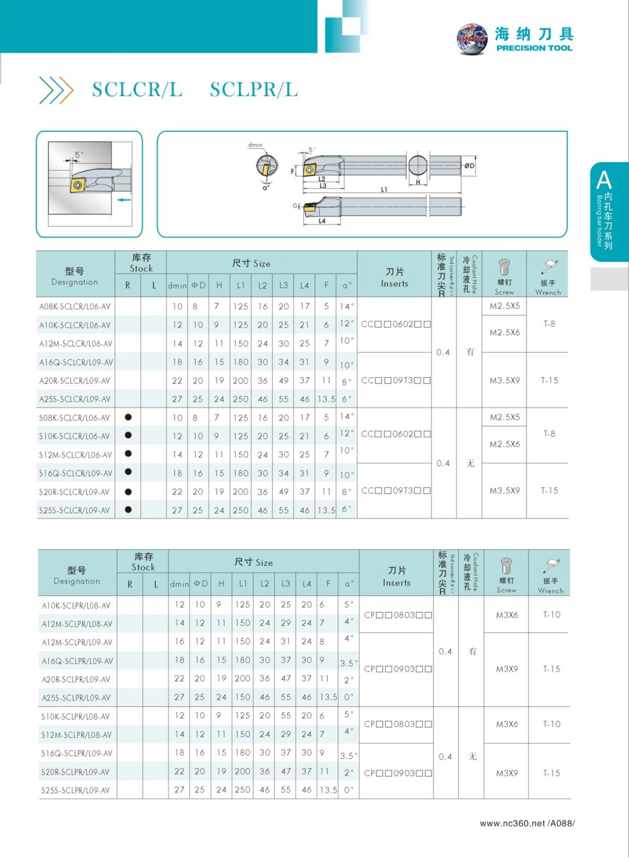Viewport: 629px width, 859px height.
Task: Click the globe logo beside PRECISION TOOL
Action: click(x=472, y=39)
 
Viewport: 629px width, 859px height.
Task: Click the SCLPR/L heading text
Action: click(x=253, y=90)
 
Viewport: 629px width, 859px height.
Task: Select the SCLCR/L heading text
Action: click(x=137, y=90)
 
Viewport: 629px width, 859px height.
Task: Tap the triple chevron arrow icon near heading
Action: click(x=56, y=90)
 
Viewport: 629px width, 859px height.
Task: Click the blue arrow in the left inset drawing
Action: click(x=124, y=200)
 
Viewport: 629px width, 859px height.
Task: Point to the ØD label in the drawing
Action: click(x=469, y=166)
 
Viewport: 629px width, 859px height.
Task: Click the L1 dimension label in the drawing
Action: click(x=384, y=189)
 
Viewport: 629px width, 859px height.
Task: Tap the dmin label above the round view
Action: click(x=255, y=145)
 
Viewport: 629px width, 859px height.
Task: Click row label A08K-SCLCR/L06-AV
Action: click(x=75, y=307)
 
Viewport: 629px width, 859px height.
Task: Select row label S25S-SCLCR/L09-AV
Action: click(x=75, y=511)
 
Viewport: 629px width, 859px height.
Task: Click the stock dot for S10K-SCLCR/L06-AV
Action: click(x=128, y=435)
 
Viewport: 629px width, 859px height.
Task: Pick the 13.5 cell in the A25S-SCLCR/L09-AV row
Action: click(x=326, y=399)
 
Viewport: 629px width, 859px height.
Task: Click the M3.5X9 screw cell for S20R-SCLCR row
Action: click(x=504, y=490)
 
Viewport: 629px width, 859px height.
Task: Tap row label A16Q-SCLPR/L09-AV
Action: click(x=77, y=661)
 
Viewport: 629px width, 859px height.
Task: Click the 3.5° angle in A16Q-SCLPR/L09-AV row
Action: click(x=348, y=663)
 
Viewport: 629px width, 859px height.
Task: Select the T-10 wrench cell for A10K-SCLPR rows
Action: click(x=552, y=614)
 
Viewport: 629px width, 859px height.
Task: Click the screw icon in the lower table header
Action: click(x=506, y=565)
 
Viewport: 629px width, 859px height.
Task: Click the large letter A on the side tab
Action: click(x=604, y=180)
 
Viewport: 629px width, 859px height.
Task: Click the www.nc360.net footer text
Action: click(x=527, y=823)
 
